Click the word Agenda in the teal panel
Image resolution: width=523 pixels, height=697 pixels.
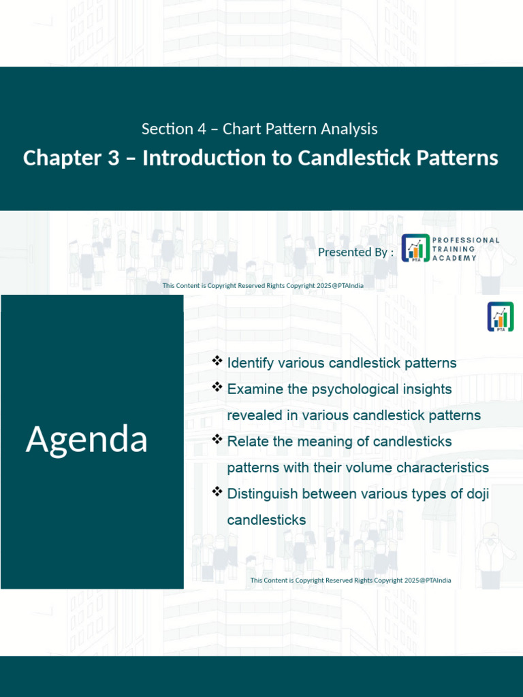(86, 440)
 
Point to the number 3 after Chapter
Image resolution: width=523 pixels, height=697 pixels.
(114, 158)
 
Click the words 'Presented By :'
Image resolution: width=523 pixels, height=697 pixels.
(355, 253)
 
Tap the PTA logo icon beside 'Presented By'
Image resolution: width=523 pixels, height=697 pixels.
(415, 248)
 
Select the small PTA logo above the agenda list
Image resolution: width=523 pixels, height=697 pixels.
(501, 317)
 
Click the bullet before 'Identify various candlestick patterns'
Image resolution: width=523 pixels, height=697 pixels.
(217, 361)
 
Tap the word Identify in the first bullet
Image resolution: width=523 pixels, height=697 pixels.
(252, 363)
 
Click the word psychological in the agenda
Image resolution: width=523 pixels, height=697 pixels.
(361, 389)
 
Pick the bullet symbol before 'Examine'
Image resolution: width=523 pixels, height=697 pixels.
(217, 387)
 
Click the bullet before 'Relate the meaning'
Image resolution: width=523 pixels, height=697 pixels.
(217, 439)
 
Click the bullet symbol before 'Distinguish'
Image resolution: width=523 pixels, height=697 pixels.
(217, 491)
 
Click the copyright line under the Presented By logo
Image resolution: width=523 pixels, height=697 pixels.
(262, 286)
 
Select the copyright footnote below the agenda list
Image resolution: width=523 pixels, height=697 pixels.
(350, 581)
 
